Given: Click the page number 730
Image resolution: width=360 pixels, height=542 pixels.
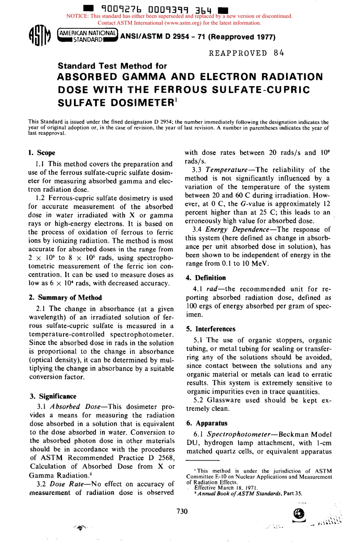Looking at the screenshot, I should pyautogui.click(x=182, y=511).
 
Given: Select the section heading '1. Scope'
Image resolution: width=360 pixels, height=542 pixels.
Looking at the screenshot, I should pyautogui.click(x=42, y=153).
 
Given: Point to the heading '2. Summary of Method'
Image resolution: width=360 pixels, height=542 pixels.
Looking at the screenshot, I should pyautogui.click(x=66, y=298).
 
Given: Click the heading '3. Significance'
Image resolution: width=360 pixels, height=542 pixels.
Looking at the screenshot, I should pyautogui.click(x=53, y=396).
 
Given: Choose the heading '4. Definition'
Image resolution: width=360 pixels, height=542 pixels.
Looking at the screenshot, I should pyautogui.click(x=206, y=277).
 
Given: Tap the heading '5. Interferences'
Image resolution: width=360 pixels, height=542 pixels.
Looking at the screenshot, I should pyautogui.click(x=211, y=329).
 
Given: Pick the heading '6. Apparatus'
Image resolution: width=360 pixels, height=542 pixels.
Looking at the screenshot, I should pyautogui.click(x=207, y=423).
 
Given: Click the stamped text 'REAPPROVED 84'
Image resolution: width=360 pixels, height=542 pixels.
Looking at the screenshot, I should pyautogui.click(x=246, y=53).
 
